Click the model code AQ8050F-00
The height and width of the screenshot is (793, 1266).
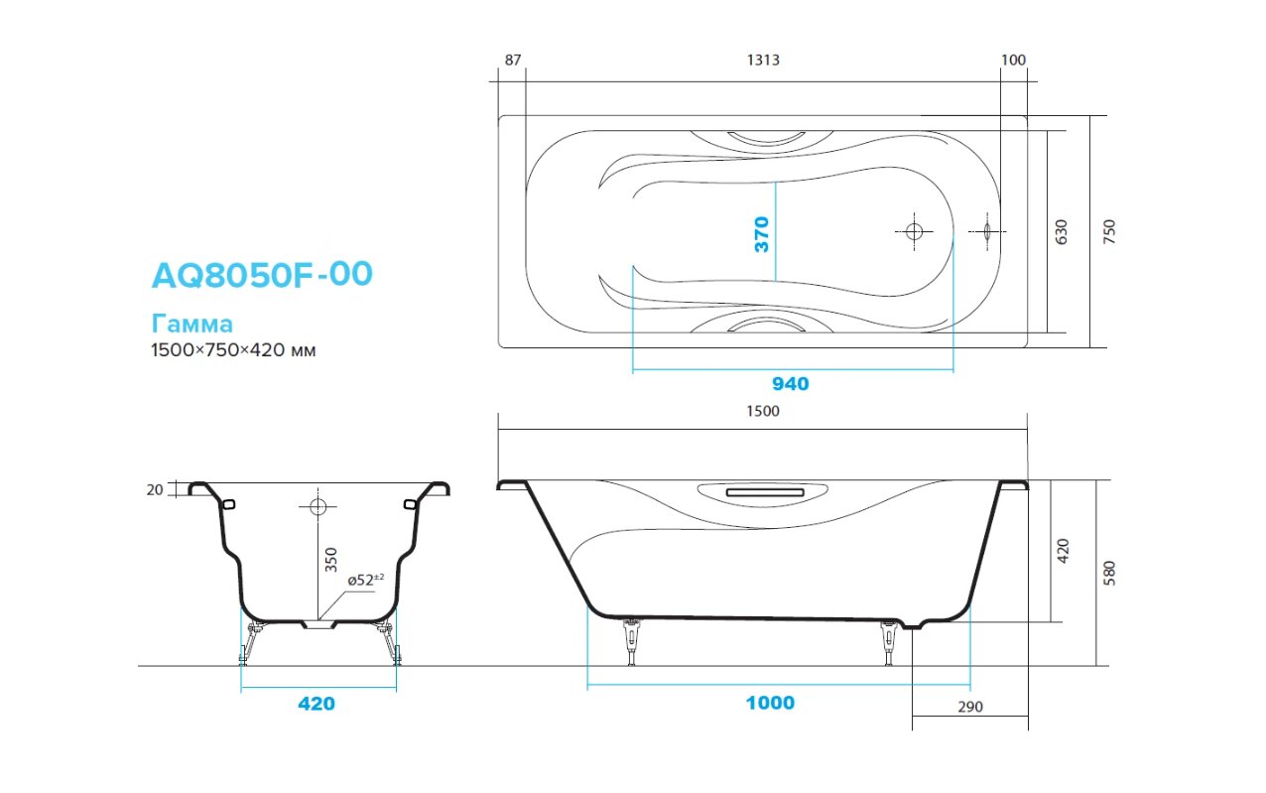click(262, 275)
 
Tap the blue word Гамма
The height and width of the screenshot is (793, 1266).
click(192, 324)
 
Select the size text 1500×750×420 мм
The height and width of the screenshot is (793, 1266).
click(233, 350)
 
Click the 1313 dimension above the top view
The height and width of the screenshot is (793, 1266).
click(763, 60)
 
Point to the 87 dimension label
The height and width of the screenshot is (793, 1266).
click(513, 60)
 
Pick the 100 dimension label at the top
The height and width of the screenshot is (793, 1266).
click(1013, 60)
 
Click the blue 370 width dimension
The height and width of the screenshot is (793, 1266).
click(762, 234)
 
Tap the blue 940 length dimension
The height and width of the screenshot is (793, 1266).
click(791, 384)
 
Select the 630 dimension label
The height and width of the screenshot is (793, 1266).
click(1062, 232)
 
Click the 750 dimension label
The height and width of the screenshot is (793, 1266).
click(1110, 231)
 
